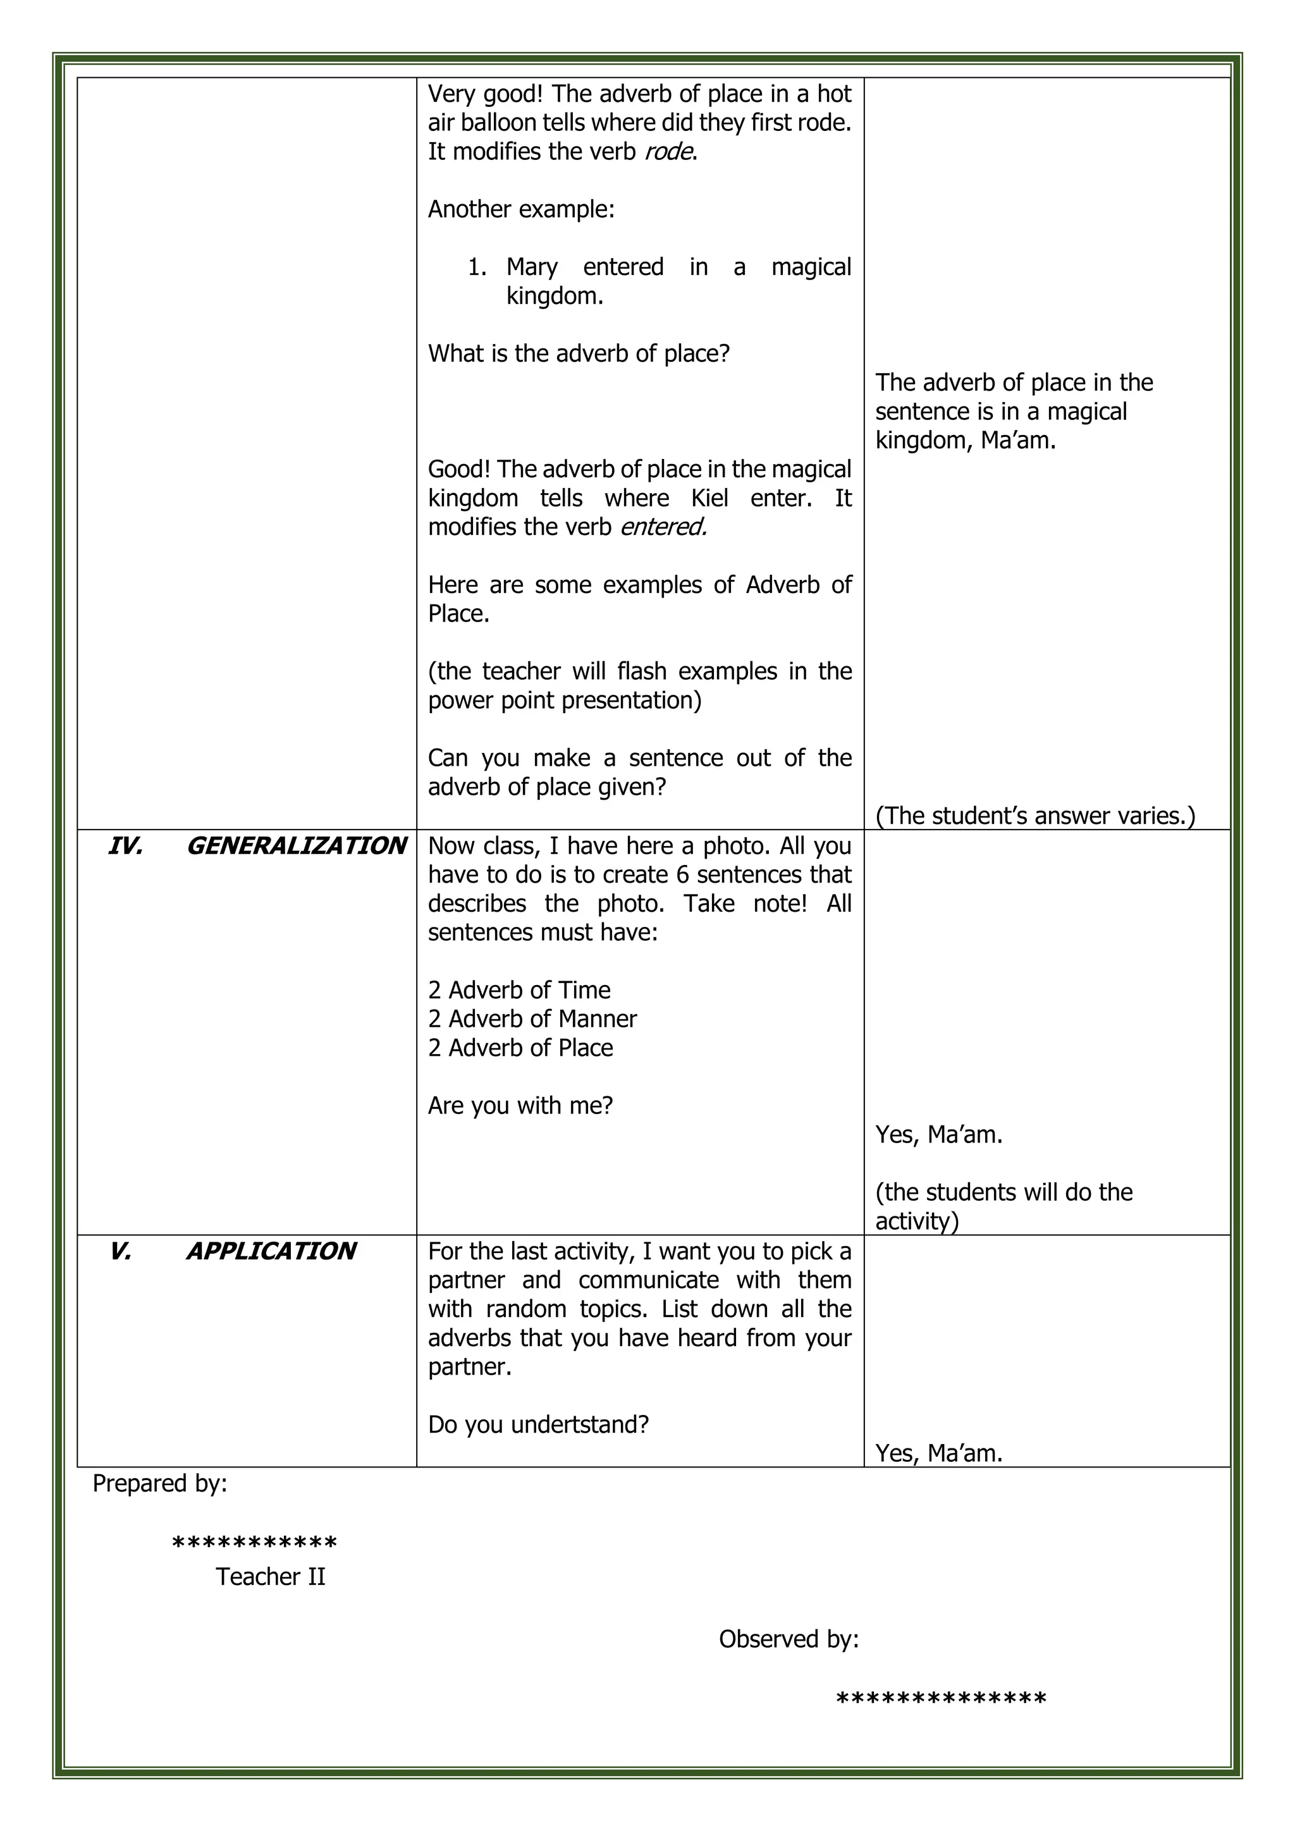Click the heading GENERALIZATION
point(296,846)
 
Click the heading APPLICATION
point(271,1251)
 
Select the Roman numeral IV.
point(125,846)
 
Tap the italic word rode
point(668,152)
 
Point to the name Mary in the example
point(532,267)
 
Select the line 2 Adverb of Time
point(519,991)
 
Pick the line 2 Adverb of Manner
point(532,1019)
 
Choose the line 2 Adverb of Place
point(520,1048)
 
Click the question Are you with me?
point(520,1106)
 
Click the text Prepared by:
point(160,1483)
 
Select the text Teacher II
point(271,1577)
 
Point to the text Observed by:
point(789,1639)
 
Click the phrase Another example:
point(520,210)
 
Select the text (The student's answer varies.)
point(1035,816)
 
